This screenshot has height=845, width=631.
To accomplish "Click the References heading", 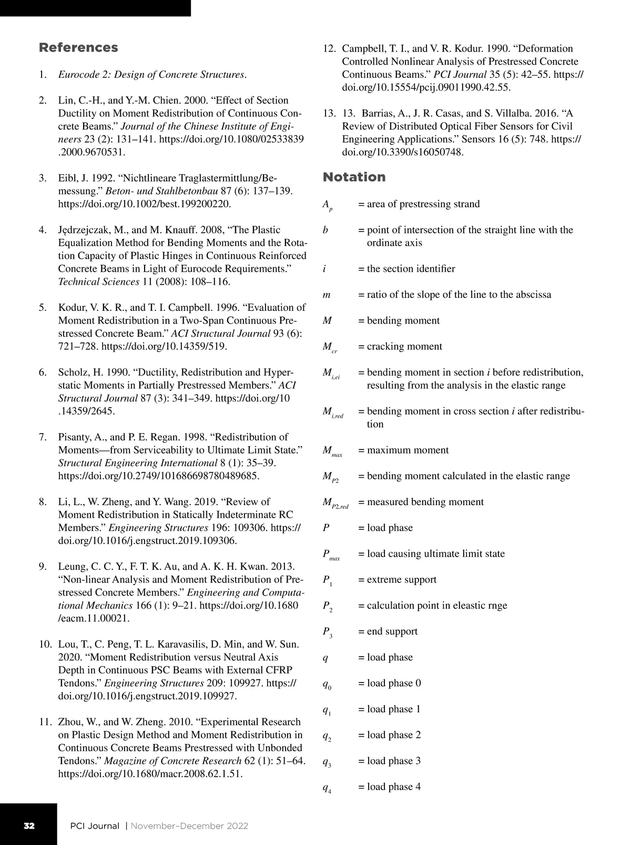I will point(78,47).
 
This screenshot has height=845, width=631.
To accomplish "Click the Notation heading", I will point(354,177).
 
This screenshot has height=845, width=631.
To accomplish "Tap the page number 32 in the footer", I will point(29,826).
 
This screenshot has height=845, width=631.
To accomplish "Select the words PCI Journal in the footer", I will point(95,826).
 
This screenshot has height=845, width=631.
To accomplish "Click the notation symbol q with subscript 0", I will point(327,685).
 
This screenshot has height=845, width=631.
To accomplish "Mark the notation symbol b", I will point(325,230).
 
